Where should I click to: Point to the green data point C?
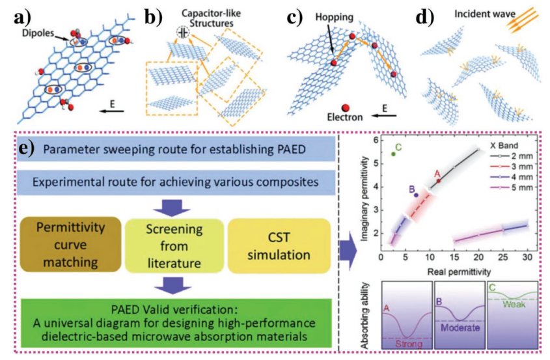tap(394, 154)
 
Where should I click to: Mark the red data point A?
tap(439, 180)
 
